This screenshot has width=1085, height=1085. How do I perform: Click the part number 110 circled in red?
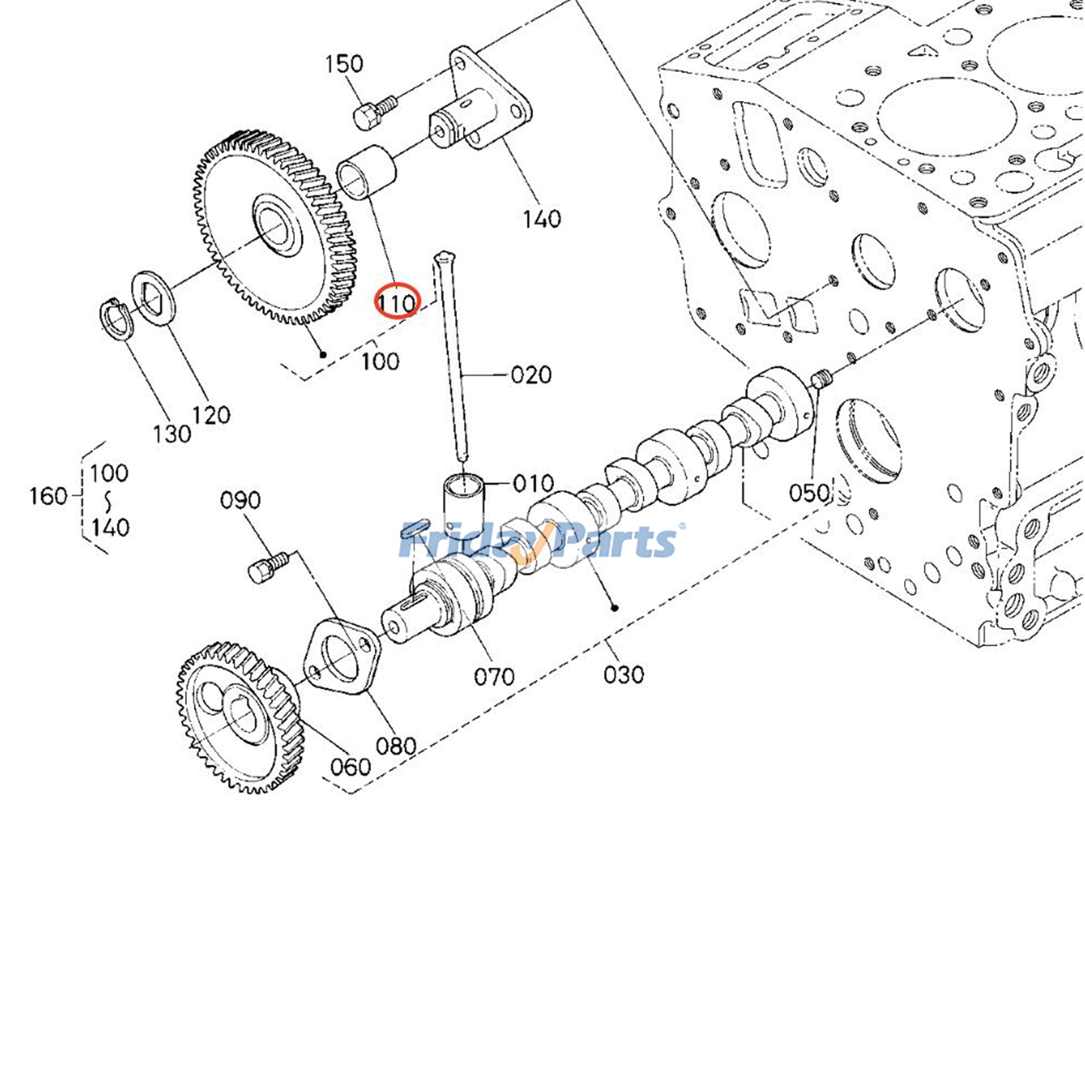tap(397, 302)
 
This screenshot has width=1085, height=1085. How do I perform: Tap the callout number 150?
tap(344, 64)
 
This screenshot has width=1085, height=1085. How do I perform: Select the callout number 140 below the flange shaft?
tap(541, 218)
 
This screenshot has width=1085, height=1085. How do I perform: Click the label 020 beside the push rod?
tap(530, 374)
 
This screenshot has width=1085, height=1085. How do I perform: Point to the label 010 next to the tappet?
tap(533, 484)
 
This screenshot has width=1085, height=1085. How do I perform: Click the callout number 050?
tap(809, 492)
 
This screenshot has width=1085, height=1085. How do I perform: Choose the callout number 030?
tap(623, 674)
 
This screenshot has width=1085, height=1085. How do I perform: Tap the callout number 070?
tap(494, 676)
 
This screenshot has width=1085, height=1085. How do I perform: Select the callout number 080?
tap(395, 746)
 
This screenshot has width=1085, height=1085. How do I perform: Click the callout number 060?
tap(351, 767)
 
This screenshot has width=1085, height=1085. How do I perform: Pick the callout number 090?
tap(240, 500)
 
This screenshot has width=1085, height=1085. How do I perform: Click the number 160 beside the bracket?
tap(47, 496)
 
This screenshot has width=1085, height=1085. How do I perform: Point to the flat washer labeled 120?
tap(153, 298)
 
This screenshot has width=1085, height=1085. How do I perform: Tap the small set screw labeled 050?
tap(821, 378)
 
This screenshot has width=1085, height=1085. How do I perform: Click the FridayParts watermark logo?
tap(540, 541)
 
